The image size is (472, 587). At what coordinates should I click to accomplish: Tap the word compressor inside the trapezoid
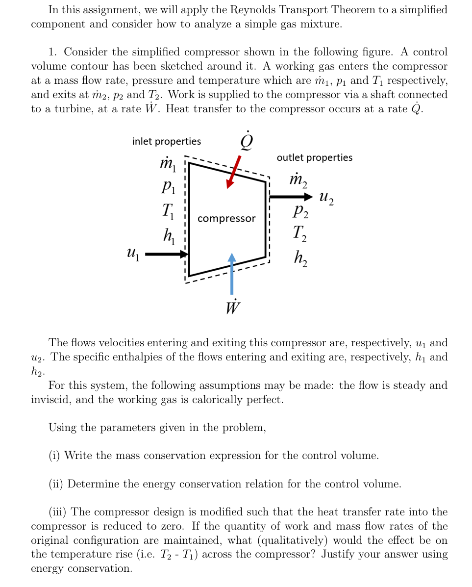[226, 218]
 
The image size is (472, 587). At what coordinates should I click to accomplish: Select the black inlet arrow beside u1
[167, 254]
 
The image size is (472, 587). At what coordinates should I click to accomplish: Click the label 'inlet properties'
[166, 141]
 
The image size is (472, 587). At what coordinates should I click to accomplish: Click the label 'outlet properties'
[314, 157]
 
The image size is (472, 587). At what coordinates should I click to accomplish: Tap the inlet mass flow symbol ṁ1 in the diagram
[168, 164]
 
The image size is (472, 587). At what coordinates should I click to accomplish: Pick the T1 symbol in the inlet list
[167, 212]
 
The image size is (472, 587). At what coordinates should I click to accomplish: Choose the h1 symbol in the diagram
[168, 236]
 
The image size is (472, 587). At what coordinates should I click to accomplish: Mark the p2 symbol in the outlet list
[300, 212]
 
